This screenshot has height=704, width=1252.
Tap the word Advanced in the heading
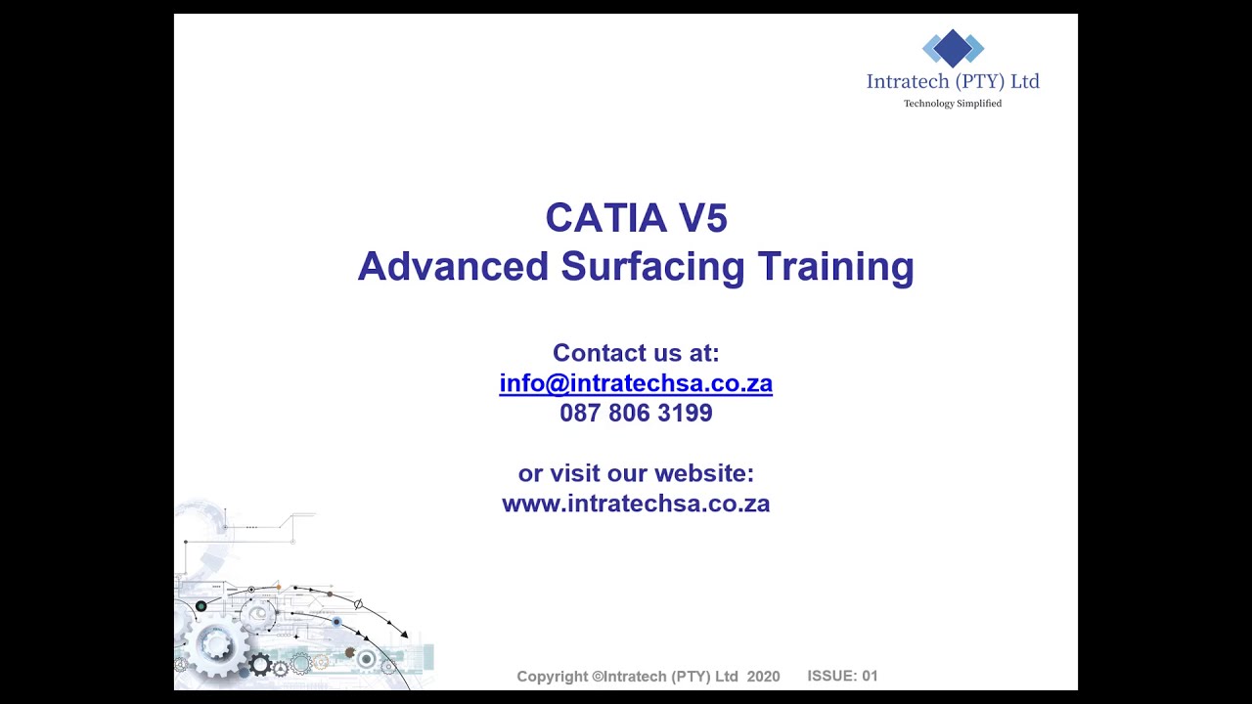point(453,266)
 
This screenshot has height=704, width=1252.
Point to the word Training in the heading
point(835,266)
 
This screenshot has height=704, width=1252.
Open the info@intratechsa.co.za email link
point(636,383)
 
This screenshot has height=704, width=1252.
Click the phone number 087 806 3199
point(636,414)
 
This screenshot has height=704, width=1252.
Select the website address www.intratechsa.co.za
point(636,504)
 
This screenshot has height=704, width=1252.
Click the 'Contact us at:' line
point(636,353)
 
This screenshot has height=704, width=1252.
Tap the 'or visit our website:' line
point(636,473)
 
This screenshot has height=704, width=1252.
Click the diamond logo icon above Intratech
point(953,48)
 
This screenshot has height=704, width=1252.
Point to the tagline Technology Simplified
point(953,104)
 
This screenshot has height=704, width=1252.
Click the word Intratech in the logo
point(908,81)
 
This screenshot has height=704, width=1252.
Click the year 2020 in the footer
point(763,677)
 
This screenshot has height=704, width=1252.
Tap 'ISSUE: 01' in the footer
point(842,676)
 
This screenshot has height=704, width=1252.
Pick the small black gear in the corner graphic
point(260,665)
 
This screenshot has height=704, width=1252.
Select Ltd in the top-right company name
point(1025,81)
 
